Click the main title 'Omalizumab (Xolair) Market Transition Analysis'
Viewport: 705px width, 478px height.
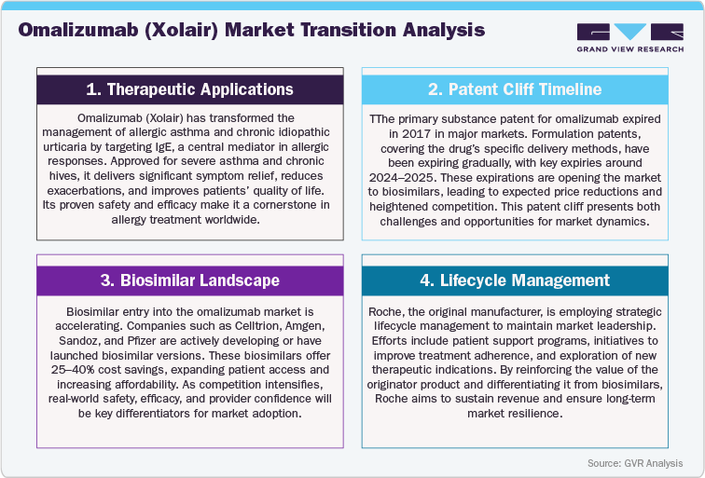(x=251, y=30)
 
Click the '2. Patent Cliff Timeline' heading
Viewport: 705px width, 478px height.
(x=514, y=89)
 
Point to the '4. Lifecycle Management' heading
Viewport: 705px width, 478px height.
(x=514, y=280)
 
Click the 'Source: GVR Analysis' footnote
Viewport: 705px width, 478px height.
(x=634, y=463)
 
